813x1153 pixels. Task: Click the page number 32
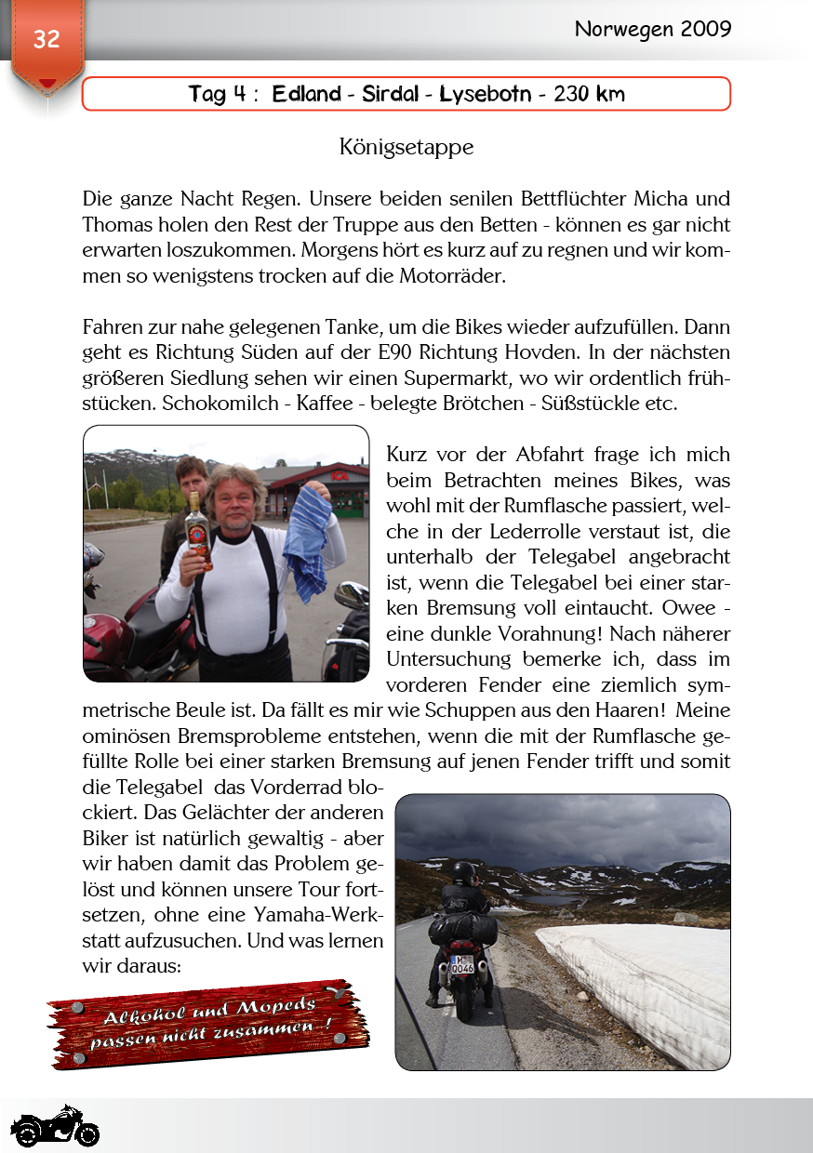(x=46, y=39)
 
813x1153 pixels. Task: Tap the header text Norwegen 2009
(x=652, y=29)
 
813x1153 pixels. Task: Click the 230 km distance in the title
(x=589, y=94)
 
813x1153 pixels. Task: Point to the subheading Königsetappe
(x=406, y=147)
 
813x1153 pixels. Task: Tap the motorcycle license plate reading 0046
(x=462, y=967)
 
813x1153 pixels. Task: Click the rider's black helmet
(x=463, y=873)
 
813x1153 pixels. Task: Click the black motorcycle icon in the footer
(x=55, y=1127)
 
